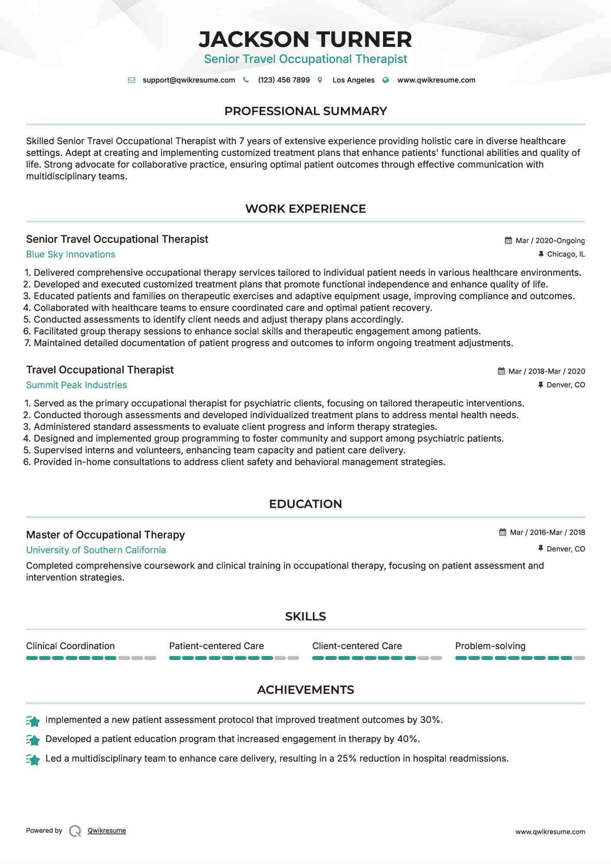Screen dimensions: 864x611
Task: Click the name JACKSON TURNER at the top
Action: (x=305, y=40)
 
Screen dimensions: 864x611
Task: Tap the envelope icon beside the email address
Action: (x=132, y=80)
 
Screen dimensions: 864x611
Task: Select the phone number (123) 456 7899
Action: (x=284, y=80)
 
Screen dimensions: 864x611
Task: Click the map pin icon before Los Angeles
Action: (x=320, y=80)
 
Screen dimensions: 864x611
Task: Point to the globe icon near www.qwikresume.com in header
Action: (x=386, y=80)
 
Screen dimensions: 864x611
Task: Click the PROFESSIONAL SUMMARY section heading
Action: (x=305, y=111)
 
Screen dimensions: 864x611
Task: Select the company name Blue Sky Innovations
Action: (x=70, y=254)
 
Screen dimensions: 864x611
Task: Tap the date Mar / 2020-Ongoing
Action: (x=550, y=241)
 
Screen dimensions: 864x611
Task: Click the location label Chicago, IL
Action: (x=565, y=254)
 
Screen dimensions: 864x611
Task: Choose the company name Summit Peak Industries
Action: (x=76, y=385)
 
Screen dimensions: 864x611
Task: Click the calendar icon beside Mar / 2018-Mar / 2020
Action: (x=501, y=371)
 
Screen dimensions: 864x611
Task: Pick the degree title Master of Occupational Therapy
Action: (x=106, y=535)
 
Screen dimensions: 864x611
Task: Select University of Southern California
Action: (x=96, y=550)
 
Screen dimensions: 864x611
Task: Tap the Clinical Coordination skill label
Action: (x=70, y=646)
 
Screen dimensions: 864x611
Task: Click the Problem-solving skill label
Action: (x=490, y=646)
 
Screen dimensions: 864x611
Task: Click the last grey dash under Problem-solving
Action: (x=579, y=658)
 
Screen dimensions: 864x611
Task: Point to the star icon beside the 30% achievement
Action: (x=33, y=721)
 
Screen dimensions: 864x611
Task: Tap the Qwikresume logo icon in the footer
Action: (x=75, y=831)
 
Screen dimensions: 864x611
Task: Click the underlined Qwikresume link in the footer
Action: (x=107, y=831)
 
